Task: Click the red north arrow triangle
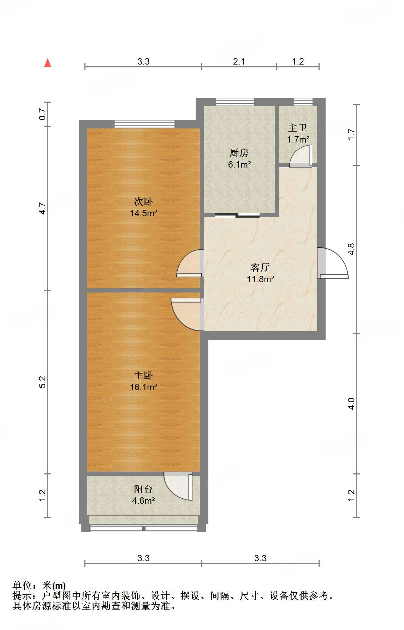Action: pos(48,63)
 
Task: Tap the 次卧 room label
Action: pos(143,201)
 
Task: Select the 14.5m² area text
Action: pos(143,213)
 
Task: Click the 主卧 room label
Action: pos(143,375)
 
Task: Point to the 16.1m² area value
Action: pos(143,387)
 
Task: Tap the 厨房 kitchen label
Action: pos(239,153)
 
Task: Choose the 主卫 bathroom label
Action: pos(298,128)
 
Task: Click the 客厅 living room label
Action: pos(260,267)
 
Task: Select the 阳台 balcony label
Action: pos(143,489)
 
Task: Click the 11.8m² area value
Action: pos(261,279)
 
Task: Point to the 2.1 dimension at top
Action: pos(239,61)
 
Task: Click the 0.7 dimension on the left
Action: pos(42,114)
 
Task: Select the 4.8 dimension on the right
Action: pos(351,249)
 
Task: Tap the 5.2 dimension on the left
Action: pos(42,382)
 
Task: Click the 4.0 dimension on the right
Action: pos(351,404)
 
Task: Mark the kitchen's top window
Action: pos(235,102)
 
